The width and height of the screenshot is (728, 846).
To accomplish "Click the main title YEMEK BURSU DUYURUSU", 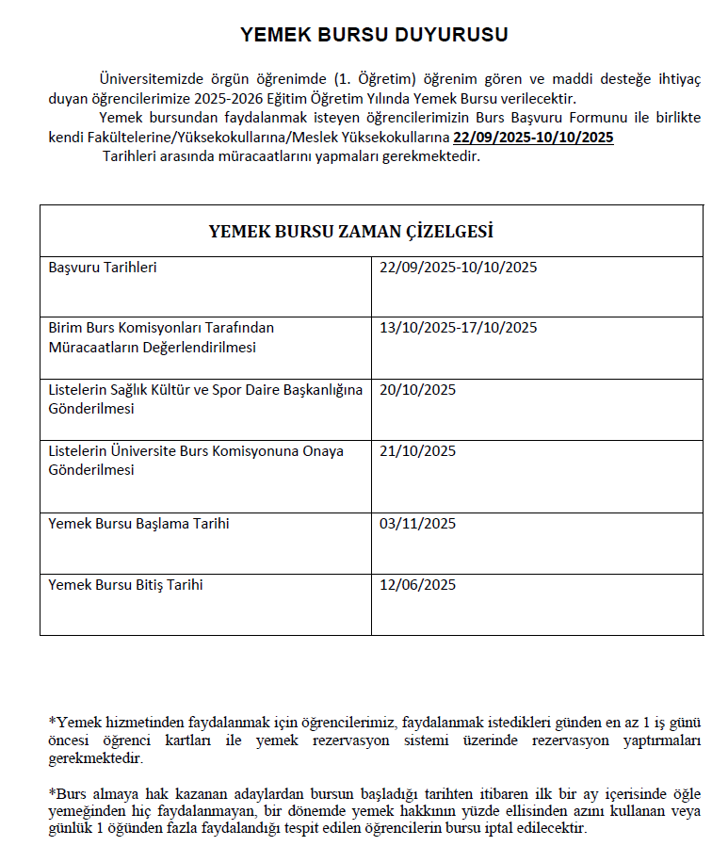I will click(x=374, y=35).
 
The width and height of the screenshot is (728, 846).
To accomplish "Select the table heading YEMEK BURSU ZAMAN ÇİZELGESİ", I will click(x=350, y=232).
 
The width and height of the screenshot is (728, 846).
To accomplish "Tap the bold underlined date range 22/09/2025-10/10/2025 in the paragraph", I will click(x=533, y=138).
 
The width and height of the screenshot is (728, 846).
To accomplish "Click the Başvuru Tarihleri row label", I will click(x=103, y=268).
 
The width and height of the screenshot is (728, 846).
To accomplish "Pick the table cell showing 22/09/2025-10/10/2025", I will click(x=458, y=268).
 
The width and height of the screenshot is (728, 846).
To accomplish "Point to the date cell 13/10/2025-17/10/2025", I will click(x=458, y=328).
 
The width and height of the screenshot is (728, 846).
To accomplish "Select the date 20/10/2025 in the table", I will click(x=417, y=390).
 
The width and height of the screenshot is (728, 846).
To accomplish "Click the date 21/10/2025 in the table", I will click(x=417, y=451).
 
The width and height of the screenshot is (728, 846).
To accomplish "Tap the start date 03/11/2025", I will click(x=417, y=524).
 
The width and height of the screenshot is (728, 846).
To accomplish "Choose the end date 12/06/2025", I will click(x=417, y=585).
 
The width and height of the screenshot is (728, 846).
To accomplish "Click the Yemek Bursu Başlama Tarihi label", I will click(x=138, y=524).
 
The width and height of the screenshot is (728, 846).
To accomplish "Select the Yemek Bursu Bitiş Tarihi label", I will click(x=125, y=585).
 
